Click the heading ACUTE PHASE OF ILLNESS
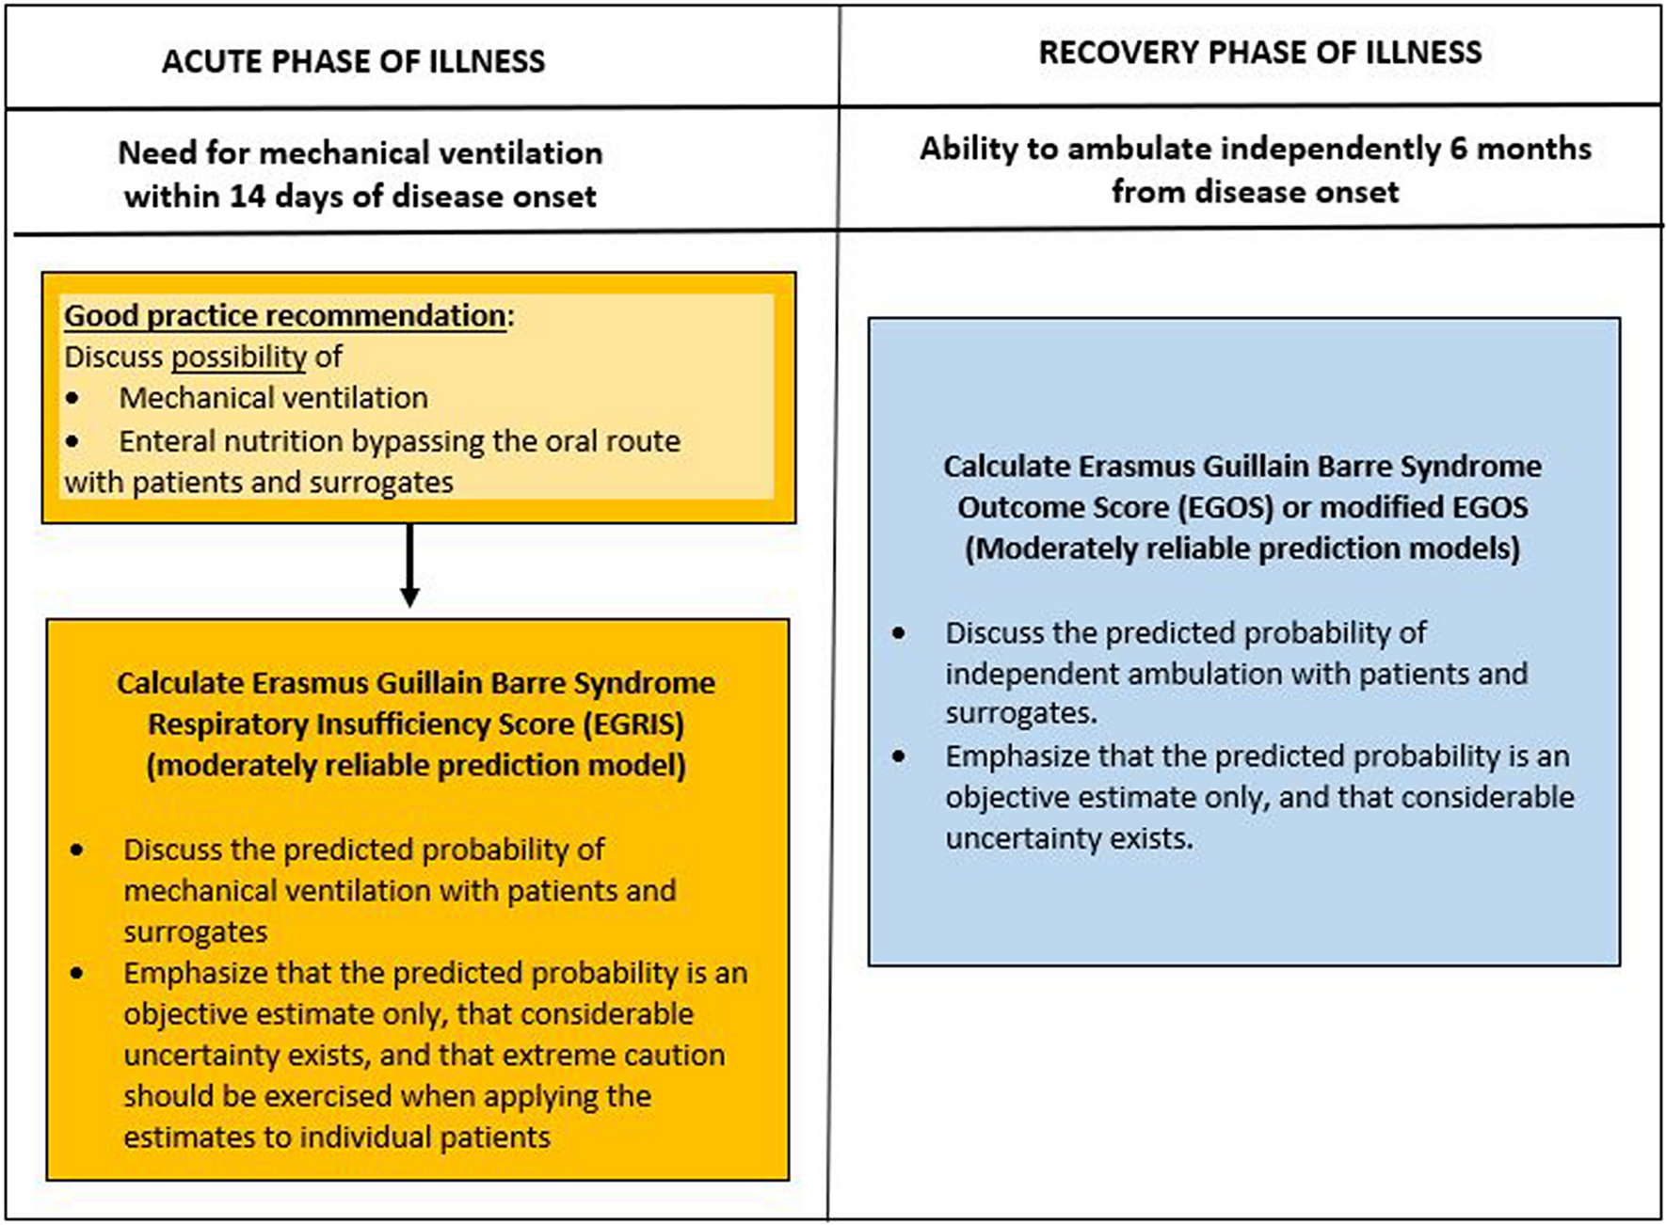click(x=353, y=61)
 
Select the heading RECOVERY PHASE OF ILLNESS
click(x=1259, y=52)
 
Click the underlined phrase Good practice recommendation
click(x=285, y=315)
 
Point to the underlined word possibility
click(x=239, y=357)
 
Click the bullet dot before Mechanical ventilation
click(x=73, y=399)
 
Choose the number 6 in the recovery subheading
click(x=1458, y=149)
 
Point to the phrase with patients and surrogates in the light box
click(x=259, y=483)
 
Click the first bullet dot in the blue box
click(x=899, y=633)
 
